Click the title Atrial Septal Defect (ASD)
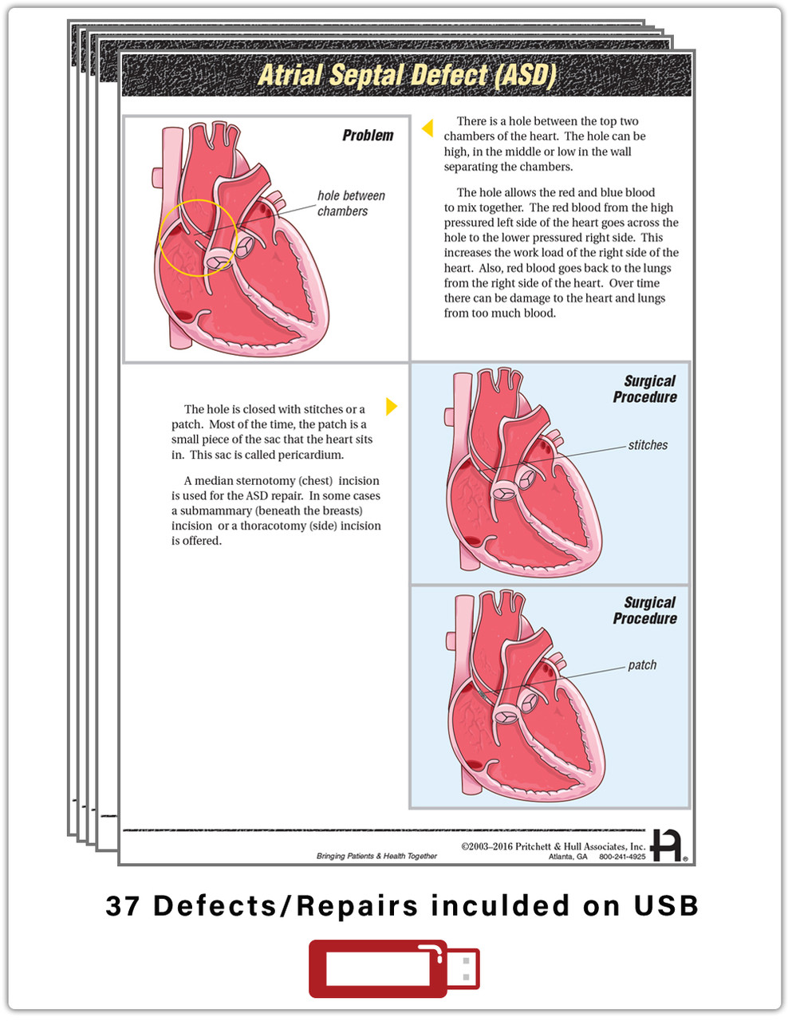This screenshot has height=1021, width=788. [407, 75]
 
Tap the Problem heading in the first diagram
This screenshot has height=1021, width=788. [368, 136]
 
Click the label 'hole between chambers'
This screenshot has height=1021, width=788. [351, 203]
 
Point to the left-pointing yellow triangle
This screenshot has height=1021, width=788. [427, 128]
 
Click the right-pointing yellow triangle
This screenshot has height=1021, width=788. [392, 407]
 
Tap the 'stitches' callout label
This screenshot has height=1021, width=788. [648, 445]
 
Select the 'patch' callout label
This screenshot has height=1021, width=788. [642, 665]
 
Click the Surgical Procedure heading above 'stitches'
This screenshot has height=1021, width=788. [644, 389]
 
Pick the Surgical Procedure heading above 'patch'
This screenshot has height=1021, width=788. [644, 610]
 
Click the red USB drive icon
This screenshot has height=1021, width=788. [393, 969]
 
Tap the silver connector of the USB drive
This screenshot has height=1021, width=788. [463, 969]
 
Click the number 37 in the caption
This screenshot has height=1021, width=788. [122, 906]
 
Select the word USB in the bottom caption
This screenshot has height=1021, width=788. [666, 906]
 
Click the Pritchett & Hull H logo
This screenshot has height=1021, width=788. [667, 846]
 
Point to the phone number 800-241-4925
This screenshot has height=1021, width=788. [622, 857]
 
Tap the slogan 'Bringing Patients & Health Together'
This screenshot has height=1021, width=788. [376, 856]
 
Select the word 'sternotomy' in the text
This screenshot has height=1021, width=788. [263, 481]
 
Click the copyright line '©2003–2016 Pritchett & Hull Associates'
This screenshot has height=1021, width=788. [554, 846]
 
